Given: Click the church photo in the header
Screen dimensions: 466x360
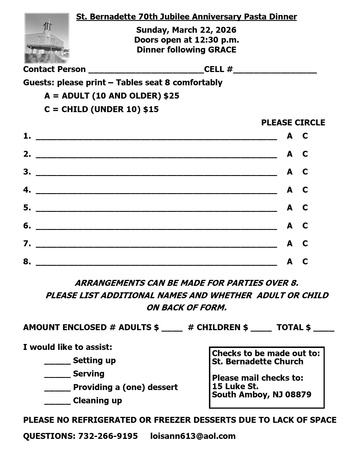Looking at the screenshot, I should (47, 38).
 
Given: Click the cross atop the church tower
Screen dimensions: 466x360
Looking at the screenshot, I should (48, 22).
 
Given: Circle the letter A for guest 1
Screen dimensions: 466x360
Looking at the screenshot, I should (289, 136).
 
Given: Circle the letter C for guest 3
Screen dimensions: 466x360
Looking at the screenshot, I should (305, 172).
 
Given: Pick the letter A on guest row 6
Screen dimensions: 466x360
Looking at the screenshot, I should (289, 226).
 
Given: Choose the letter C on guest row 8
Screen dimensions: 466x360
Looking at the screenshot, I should (305, 262).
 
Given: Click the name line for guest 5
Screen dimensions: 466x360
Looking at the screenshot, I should (156, 209).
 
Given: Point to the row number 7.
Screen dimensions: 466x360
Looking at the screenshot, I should (27, 243).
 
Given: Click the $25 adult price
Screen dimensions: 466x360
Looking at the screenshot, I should (171, 96).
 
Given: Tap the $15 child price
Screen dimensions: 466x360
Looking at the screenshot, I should (151, 109).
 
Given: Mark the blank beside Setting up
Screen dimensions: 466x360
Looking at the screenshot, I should (57, 362).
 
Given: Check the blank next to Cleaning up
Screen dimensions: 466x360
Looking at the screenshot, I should (57, 402).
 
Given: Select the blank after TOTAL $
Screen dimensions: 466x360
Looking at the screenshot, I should (324, 329).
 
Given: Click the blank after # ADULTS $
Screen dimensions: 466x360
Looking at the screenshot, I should (172, 329).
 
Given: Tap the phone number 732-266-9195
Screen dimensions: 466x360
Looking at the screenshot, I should (108, 436).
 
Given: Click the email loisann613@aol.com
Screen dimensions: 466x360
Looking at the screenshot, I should (193, 436).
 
